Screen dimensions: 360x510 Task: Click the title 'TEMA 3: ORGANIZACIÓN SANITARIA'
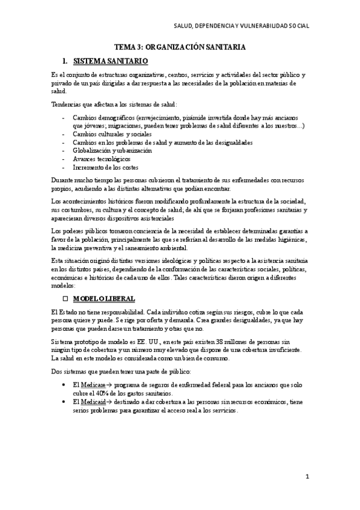coord(180,46)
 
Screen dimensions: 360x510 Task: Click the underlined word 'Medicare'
coord(92,385)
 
